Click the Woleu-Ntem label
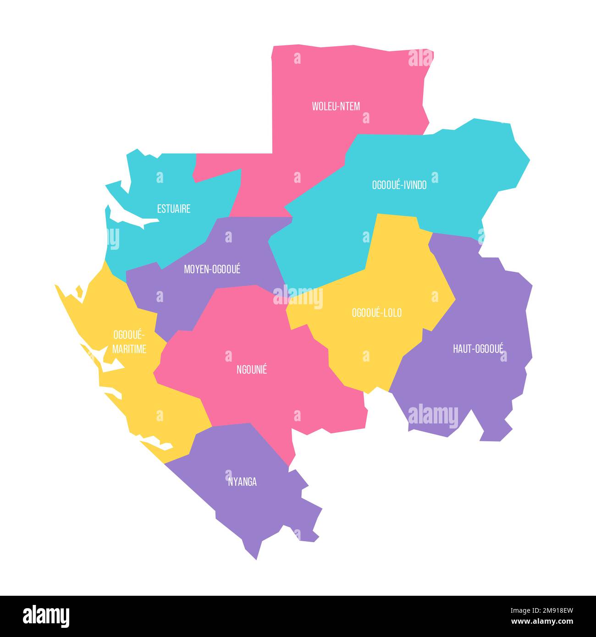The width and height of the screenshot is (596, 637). tap(336, 106)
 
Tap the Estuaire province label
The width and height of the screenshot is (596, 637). tap(173, 209)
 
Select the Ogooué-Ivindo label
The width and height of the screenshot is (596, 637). tap(399, 185)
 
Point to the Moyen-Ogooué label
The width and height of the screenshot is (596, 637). tap(212, 269)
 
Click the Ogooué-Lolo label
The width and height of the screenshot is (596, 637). tap(376, 313)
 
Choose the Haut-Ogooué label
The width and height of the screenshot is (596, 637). tap(478, 349)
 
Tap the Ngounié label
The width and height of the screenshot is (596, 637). tap(252, 369)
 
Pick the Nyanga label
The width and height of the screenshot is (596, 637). tap(243, 482)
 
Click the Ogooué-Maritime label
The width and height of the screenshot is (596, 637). tap(129, 341)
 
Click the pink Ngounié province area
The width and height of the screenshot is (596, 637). tap(257, 399)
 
